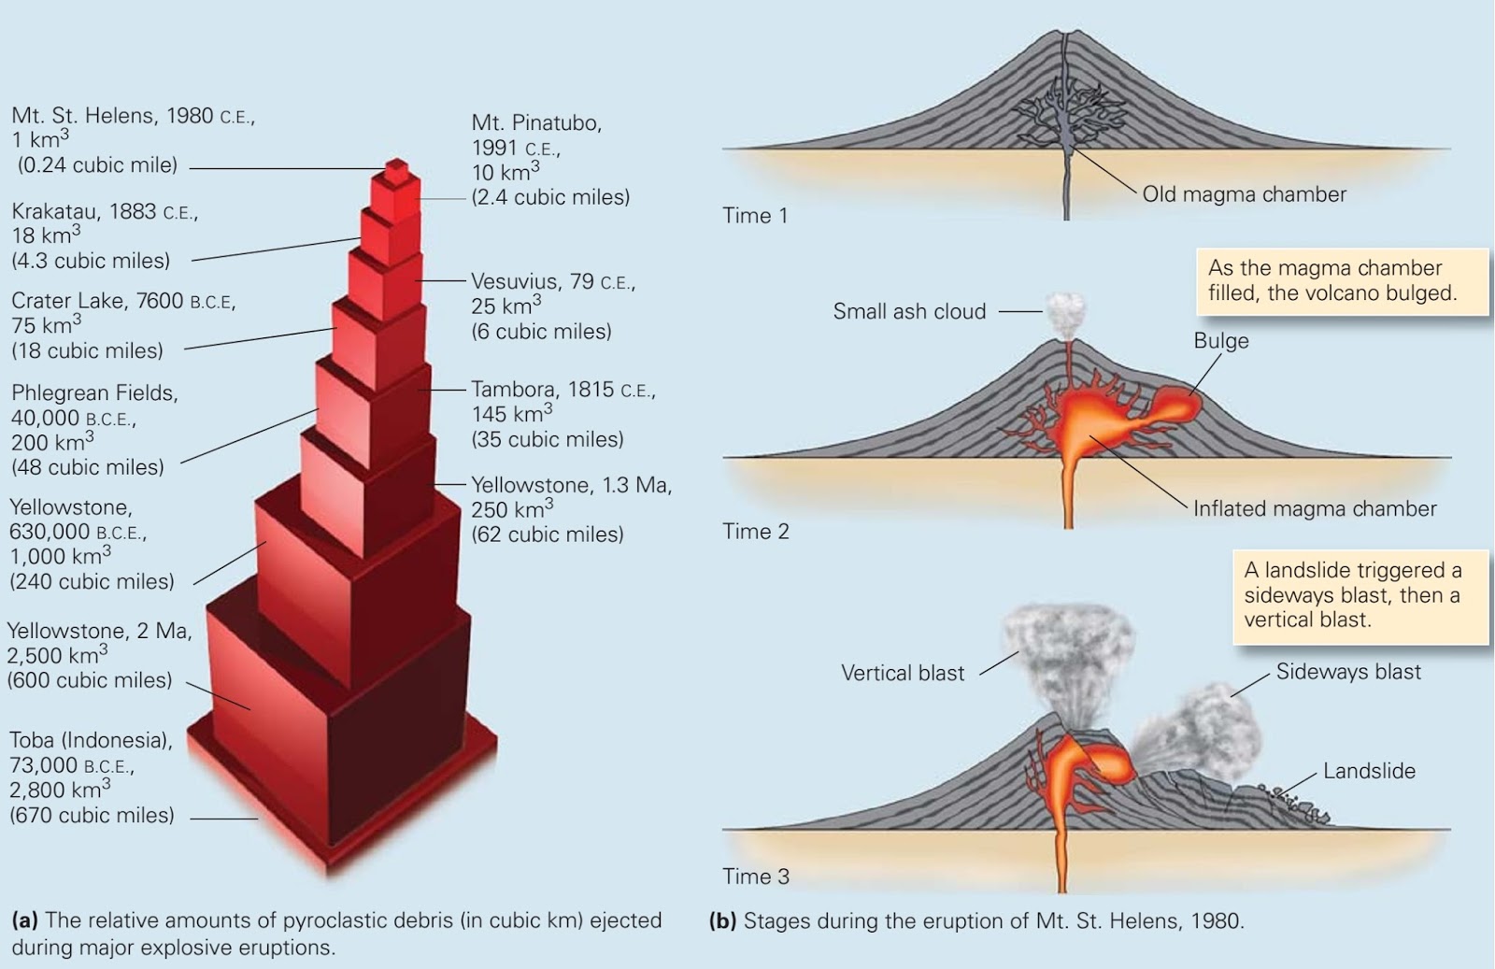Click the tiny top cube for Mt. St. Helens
(x=397, y=170)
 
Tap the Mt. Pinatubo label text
(x=536, y=123)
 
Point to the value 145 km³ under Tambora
(x=511, y=414)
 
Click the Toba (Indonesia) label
(x=91, y=740)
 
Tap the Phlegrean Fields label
(x=94, y=392)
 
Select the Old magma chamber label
(x=1244, y=194)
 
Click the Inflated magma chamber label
(x=1314, y=508)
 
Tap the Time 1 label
(x=755, y=216)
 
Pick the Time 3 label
(x=755, y=876)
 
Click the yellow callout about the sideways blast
(x=1360, y=595)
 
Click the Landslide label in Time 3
(x=1369, y=771)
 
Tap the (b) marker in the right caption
(x=722, y=920)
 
